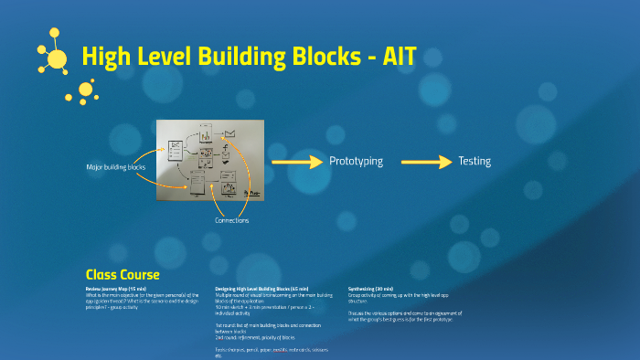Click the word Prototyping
(356, 162)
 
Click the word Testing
(475, 162)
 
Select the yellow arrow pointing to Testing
(427, 162)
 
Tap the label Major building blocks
(116, 167)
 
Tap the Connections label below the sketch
(232, 221)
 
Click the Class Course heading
(123, 274)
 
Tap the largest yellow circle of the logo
(57, 60)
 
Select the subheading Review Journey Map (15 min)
(115, 287)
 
